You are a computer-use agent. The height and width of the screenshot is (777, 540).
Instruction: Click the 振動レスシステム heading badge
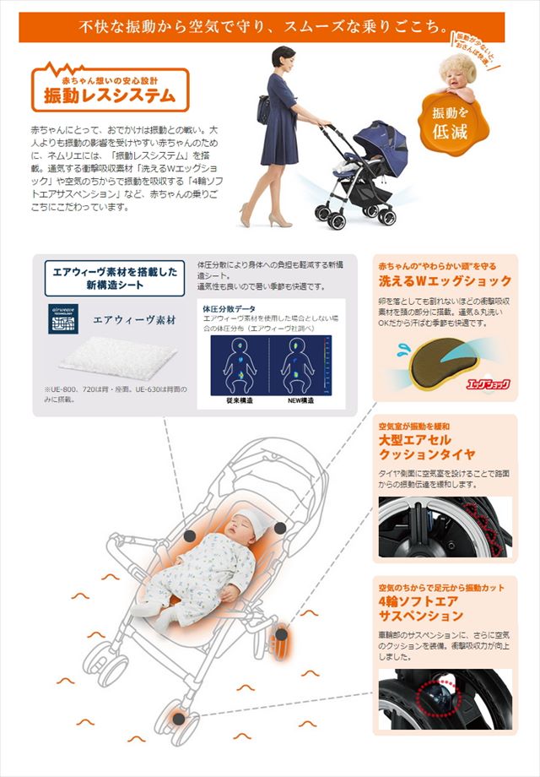tap(110, 90)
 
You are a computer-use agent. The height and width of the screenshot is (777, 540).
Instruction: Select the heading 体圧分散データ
tap(229, 309)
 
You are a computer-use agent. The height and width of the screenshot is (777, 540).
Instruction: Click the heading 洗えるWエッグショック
tap(445, 281)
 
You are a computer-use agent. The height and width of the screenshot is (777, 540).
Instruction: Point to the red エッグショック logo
tap(488, 385)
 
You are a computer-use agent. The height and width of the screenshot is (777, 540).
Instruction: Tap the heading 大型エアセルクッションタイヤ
tap(427, 448)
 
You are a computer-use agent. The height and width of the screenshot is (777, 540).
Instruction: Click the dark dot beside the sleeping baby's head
tap(279, 528)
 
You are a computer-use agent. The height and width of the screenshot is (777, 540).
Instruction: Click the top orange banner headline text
tap(268, 26)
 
